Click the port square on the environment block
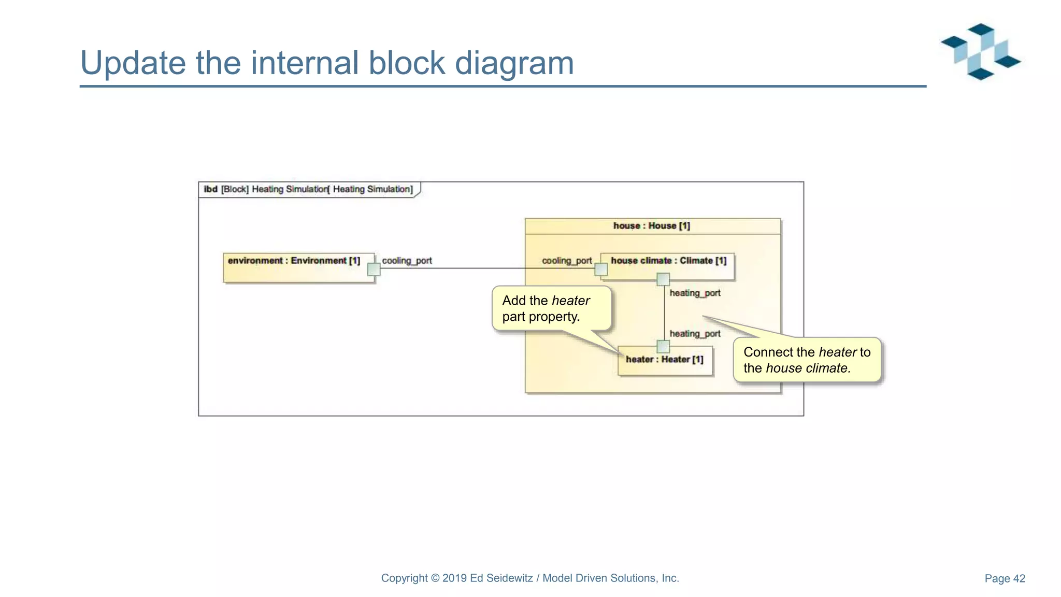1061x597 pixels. coord(374,269)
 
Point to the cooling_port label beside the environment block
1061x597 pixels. coord(407,261)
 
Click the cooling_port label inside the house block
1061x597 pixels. coord(566,261)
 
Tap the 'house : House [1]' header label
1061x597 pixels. coord(651,226)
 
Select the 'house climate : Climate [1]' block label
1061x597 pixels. coord(668,261)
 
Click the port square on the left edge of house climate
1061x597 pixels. coord(601,269)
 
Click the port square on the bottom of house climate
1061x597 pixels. coord(663,280)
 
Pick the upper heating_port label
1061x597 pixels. coord(695,293)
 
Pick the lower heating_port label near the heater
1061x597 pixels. coord(695,334)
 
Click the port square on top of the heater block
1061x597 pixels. coord(663,346)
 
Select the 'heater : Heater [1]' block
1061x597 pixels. coord(665,360)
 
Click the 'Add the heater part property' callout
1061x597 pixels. coord(551,309)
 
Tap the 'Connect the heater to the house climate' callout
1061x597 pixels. coord(807,360)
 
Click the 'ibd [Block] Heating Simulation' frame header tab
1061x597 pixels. coord(308,189)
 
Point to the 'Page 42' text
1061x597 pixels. coord(1005,578)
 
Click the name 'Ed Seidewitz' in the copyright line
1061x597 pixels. coord(501,578)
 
